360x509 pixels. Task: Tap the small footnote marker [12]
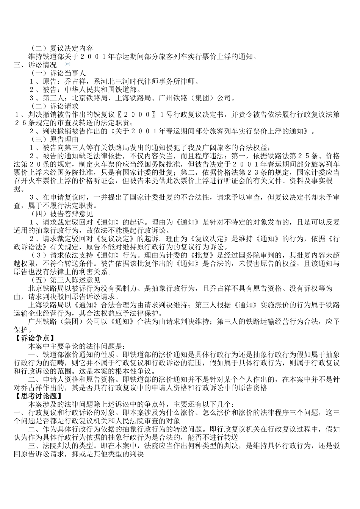67,64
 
